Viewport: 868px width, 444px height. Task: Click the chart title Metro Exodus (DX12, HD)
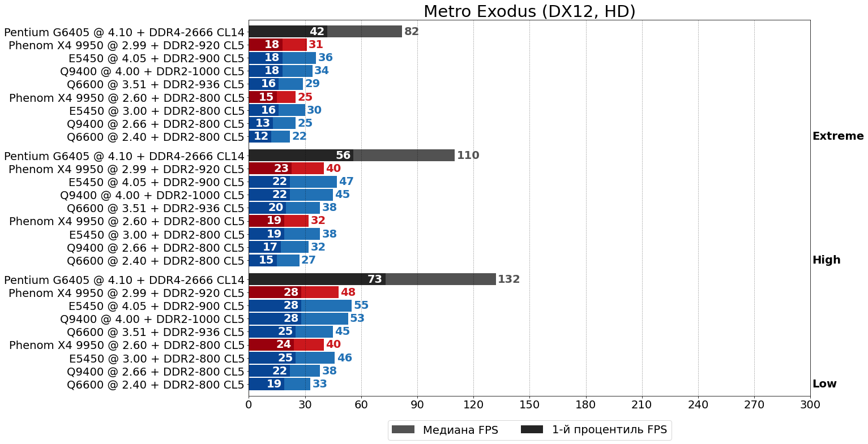pos(529,11)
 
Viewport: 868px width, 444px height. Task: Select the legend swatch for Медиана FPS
pos(403,430)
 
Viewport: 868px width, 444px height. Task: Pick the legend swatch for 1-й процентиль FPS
pos(532,430)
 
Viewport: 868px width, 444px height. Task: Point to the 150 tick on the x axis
pos(529,405)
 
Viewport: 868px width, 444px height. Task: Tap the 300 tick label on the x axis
pos(810,405)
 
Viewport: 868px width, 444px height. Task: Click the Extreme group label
pos(838,136)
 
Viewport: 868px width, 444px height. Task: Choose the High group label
pos(826,260)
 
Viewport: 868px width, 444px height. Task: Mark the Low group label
pos(824,384)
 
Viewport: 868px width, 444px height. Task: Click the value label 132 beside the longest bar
pos(508,279)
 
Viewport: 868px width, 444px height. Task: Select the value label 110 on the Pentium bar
pos(468,156)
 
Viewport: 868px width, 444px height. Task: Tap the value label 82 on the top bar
pos(412,32)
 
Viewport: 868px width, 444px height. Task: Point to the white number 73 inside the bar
pos(375,279)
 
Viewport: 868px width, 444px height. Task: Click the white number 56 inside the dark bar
pos(343,156)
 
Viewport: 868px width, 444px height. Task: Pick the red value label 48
pos(348,292)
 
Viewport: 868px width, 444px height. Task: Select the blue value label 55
pos(361,305)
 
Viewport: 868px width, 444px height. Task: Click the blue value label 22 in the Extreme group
pos(299,136)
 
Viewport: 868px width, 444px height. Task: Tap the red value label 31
pos(316,45)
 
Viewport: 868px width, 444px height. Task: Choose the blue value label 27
pos(309,260)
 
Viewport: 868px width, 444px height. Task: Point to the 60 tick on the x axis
pos(361,405)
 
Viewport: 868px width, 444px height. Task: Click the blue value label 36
pos(326,58)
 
